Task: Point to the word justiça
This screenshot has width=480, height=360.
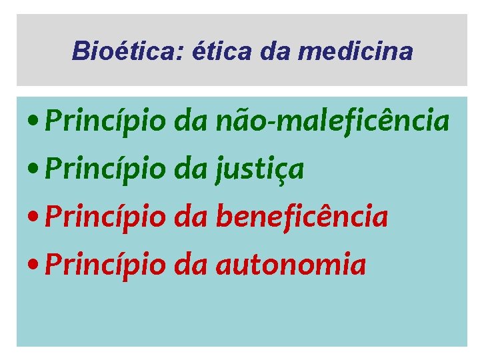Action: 259,169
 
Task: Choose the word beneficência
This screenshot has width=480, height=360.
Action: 301,217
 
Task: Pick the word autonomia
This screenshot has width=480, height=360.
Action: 291,265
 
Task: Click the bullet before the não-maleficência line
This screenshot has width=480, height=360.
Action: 33,123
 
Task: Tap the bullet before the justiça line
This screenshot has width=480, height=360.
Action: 33,171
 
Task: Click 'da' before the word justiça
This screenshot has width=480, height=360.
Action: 191,169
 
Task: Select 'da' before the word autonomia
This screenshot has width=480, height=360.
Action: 191,265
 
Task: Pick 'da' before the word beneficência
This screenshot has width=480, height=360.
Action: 191,217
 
